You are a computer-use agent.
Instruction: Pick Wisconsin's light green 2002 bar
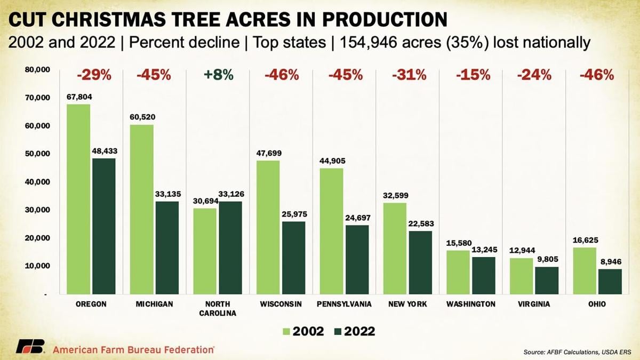tap(268, 227)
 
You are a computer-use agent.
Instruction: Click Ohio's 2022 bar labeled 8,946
tap(610, 281)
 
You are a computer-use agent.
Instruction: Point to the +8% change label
tap(218, 75)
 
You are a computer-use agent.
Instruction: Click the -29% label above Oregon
tap(94, 75)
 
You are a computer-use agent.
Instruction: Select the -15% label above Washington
tap(473, 75)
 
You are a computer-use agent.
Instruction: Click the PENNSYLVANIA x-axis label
tap(345, 304)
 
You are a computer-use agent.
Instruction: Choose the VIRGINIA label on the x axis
tap(534, 304)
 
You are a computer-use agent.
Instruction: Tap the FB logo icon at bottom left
tap(29, 347)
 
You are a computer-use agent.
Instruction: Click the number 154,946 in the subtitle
tap(378, 42)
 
